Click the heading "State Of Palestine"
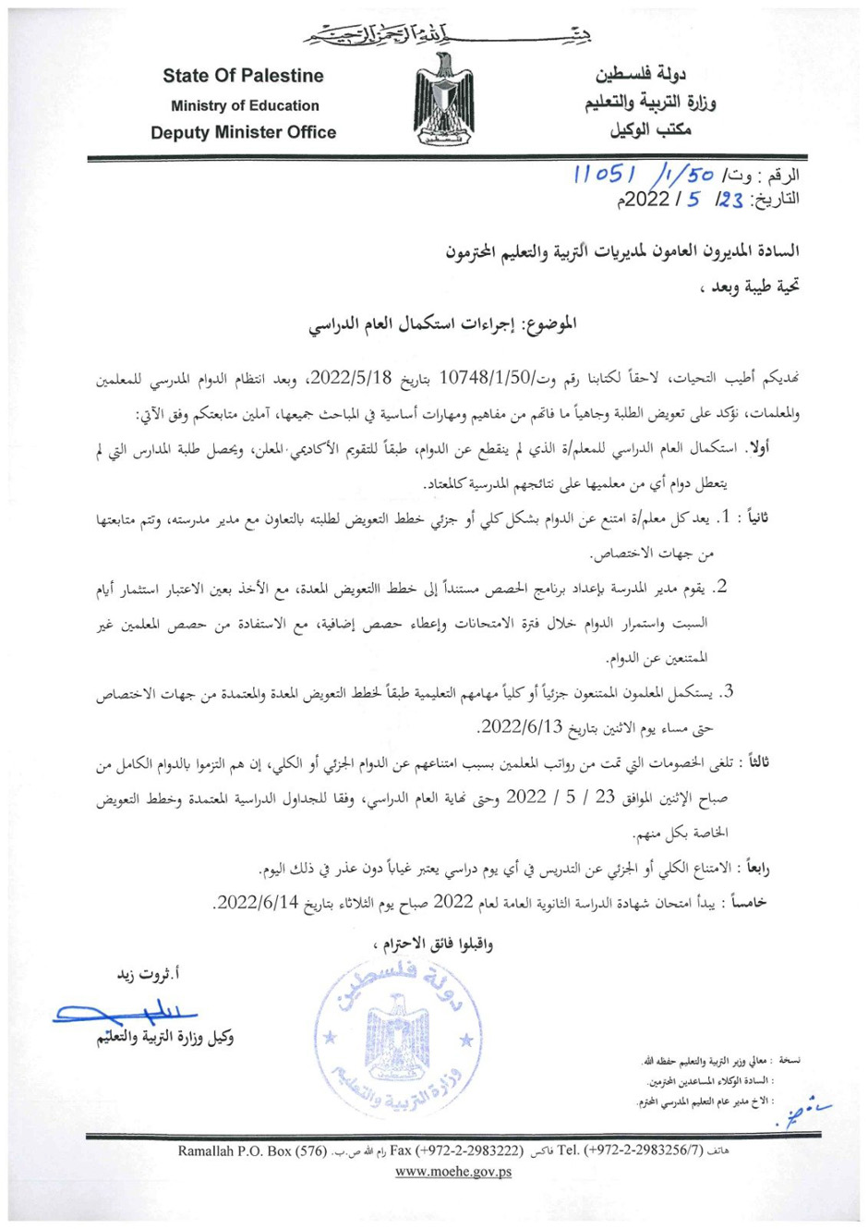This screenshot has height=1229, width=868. [244, 76]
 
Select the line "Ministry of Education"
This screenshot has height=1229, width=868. [245, 105]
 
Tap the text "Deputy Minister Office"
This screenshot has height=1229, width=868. [244, 132]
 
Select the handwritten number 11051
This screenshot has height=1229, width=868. [604, 176]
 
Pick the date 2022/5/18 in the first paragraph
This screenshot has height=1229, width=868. [353, 378]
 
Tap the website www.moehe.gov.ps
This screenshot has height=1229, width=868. [453, 1173]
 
